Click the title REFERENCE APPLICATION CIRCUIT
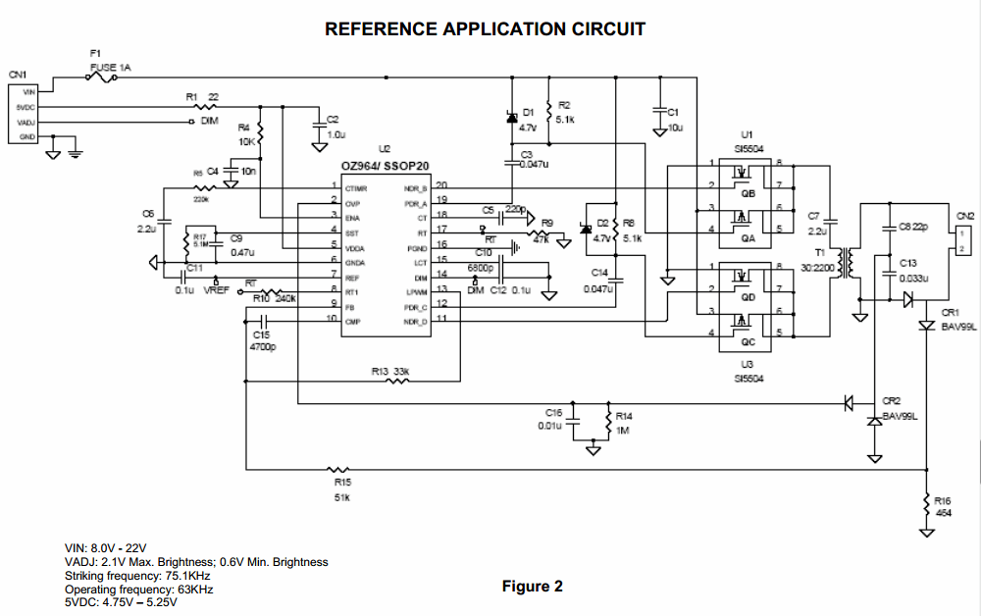click(x=485, y=28)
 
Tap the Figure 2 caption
click(x=533, y=587)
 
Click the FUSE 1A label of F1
click(x=111, y=68)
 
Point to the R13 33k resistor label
click(x=390, y=371)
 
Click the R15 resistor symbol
click(x=337, y=469)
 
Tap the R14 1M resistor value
click(x=623, y=431)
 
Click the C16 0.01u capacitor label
click(x=553, y=419)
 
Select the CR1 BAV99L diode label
click(x=958, y=321)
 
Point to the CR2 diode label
click(x=891, y=400)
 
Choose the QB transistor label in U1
click(x=749, y=193)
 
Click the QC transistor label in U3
click(x=749, y=342)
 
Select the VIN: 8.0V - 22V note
click(x=106, y=547)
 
